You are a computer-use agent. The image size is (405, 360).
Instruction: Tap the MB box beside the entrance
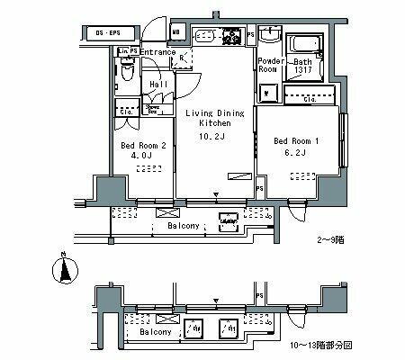pos(176,34)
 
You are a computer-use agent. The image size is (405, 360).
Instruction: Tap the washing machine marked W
pos(267,93)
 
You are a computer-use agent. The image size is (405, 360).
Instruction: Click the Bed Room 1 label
pos(293,139)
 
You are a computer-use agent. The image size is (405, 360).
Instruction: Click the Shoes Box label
pos(154,109)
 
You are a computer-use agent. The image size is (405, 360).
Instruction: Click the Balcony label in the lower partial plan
pos(158,332)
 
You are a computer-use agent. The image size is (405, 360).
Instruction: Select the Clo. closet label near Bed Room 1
pos(309,99)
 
